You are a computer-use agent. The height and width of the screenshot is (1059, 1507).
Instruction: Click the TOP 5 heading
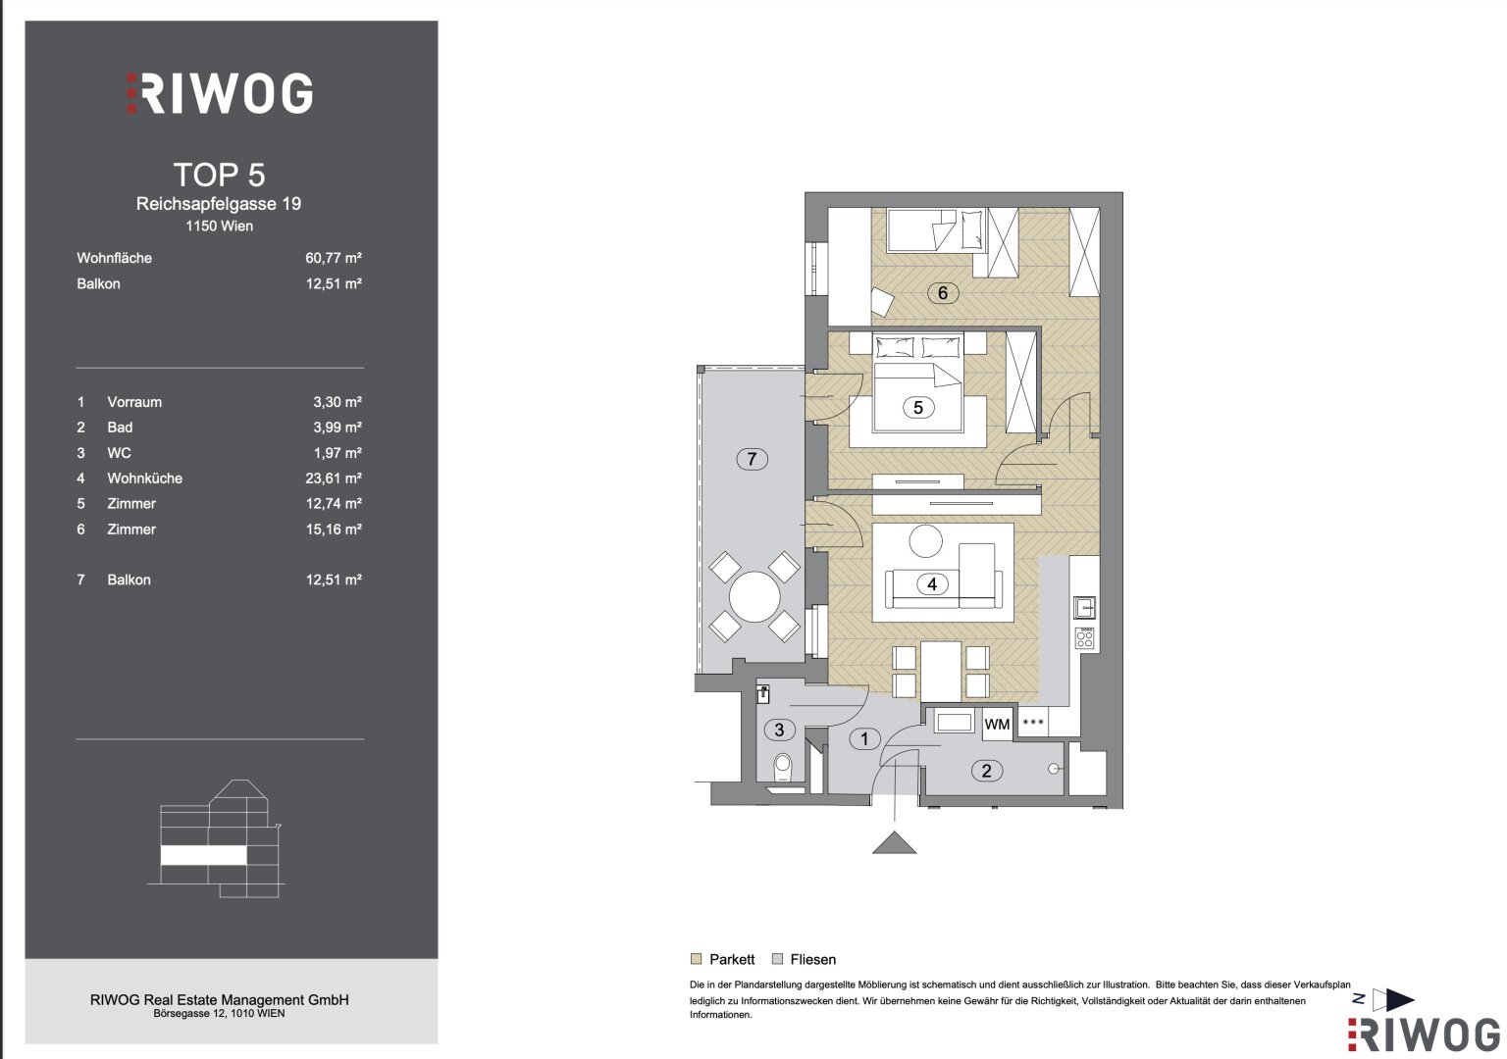click(220, 175)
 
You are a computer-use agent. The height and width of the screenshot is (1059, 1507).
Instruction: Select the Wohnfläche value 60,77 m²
click(334, 258)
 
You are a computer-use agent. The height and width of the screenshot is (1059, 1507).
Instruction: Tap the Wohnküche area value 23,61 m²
click(334, 479)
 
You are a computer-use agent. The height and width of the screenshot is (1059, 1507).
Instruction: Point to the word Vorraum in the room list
click(134, 402)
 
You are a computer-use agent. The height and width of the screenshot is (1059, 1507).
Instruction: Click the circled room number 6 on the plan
click(943, 292)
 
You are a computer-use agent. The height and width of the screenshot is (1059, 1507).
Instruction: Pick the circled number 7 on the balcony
click(752, 459)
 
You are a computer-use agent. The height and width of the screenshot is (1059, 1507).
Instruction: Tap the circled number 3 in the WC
click(779, 730)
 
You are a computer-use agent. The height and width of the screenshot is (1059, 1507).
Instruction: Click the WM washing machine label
click(997, 725)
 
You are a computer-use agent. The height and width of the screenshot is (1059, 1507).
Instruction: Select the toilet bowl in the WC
click(782, 767)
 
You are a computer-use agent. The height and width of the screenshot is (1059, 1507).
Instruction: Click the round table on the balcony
click(754, 596)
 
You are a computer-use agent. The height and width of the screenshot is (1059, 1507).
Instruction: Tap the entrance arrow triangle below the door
click(894, 842)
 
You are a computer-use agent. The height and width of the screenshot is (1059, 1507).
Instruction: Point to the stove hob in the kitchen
click(1084, 638)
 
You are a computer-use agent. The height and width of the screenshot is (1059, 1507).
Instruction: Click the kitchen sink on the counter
click(1084, 608)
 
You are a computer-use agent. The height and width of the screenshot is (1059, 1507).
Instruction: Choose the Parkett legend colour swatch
click(697, 959)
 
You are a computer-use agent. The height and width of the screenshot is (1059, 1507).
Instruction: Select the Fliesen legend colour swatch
click(778, 959)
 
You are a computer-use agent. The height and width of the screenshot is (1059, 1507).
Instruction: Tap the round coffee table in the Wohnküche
click(926, 540)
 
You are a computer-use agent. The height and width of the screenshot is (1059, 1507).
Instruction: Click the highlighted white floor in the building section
click(203, 855)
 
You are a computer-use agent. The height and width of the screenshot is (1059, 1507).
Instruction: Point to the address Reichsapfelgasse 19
click(219, 204)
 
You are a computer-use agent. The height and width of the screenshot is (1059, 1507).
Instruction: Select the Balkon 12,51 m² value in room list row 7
click(334, 580)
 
